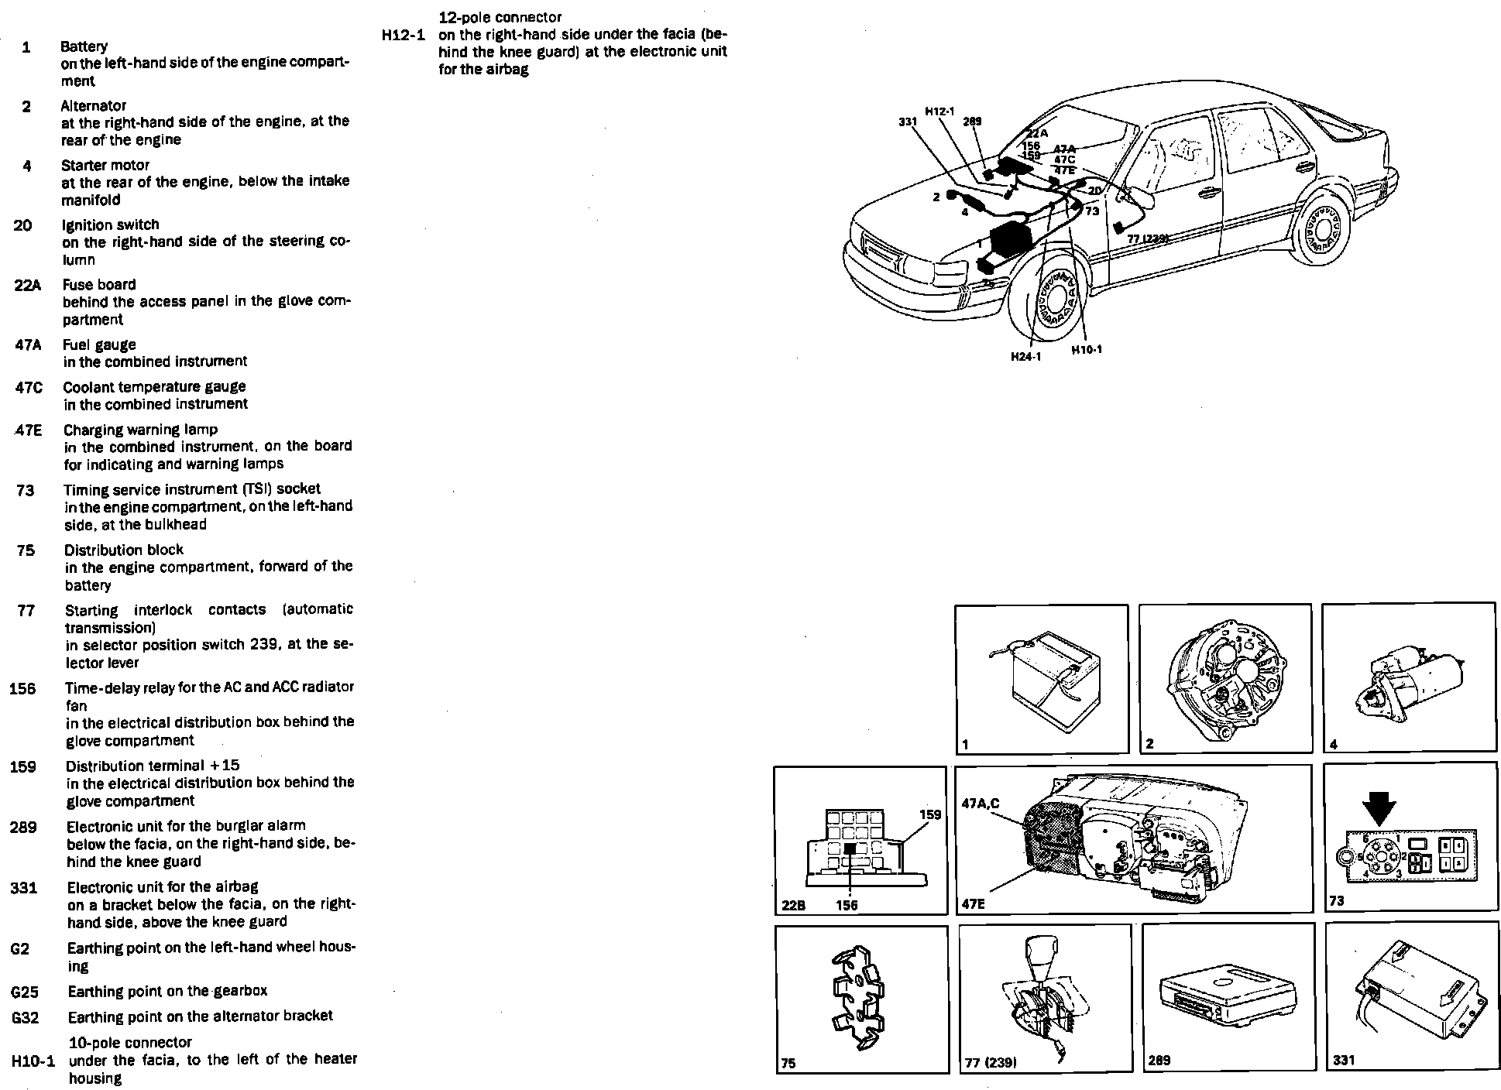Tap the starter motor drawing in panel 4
pos(1409,681)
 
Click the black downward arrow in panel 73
pos(1379,811)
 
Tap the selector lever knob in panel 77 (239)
pos(1042,951)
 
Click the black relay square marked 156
pos(850,849)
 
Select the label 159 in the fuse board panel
pos(929,814)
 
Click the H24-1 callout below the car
pos(1025,357)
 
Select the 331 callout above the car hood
pos(908,122)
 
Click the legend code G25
pos(25,992)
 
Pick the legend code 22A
pos(27,285)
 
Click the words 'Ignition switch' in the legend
pos(110,225)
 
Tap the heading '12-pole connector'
pos(500,17)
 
